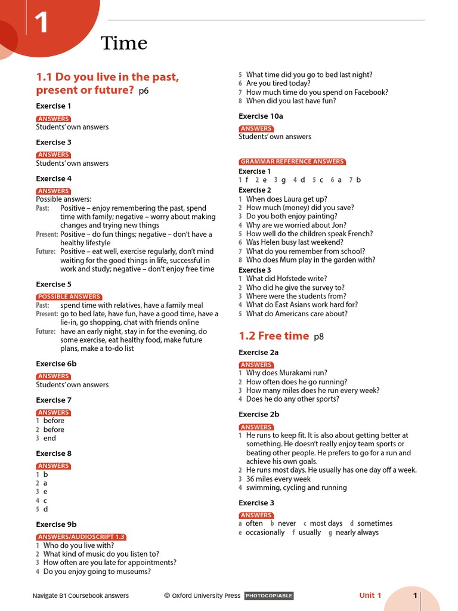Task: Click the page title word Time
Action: [x=124, y=43]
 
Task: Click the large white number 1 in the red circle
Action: [x=41, y=23]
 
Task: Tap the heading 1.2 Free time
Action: [x=274, y=336]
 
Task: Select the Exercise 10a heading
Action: [x=261, y=116]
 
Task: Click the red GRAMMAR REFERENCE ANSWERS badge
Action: [x=292, y=162]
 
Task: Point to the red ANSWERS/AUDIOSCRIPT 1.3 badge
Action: [x=81, y=537]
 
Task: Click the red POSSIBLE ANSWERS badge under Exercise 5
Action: [x=69, y=297]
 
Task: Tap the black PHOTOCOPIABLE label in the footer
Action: [x=269, y=595]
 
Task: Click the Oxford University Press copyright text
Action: [x=203, y=595]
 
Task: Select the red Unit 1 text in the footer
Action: [x=370, y=595]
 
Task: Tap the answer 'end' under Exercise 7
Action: [x=49, y=438]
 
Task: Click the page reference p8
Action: [x=318, y=337]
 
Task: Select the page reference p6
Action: [x=143, y=91]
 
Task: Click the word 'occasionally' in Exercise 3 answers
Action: [x=265, y=532]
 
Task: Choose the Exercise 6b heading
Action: [x=56, y=364]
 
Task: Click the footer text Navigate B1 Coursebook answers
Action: [x=81, y=595]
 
